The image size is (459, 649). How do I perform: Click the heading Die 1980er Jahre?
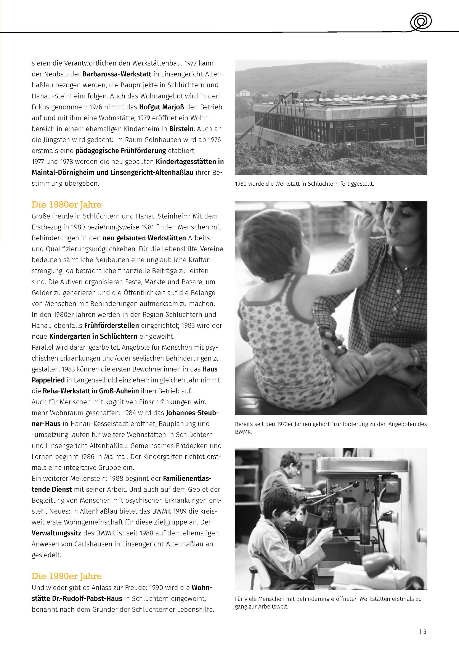tap(66, 205)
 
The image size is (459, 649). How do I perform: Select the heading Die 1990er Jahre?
tap(66, 576)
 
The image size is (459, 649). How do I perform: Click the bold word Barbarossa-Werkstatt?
tap(117, 74)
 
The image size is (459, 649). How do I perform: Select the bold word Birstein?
tap(181, 129)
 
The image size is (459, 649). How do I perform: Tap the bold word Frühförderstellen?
tap(111, 325)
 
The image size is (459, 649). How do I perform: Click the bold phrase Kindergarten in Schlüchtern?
tap(93, 336)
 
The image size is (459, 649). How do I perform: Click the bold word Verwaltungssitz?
tap(56, 533)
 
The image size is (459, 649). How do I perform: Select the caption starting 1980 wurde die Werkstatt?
tap(304, 184)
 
